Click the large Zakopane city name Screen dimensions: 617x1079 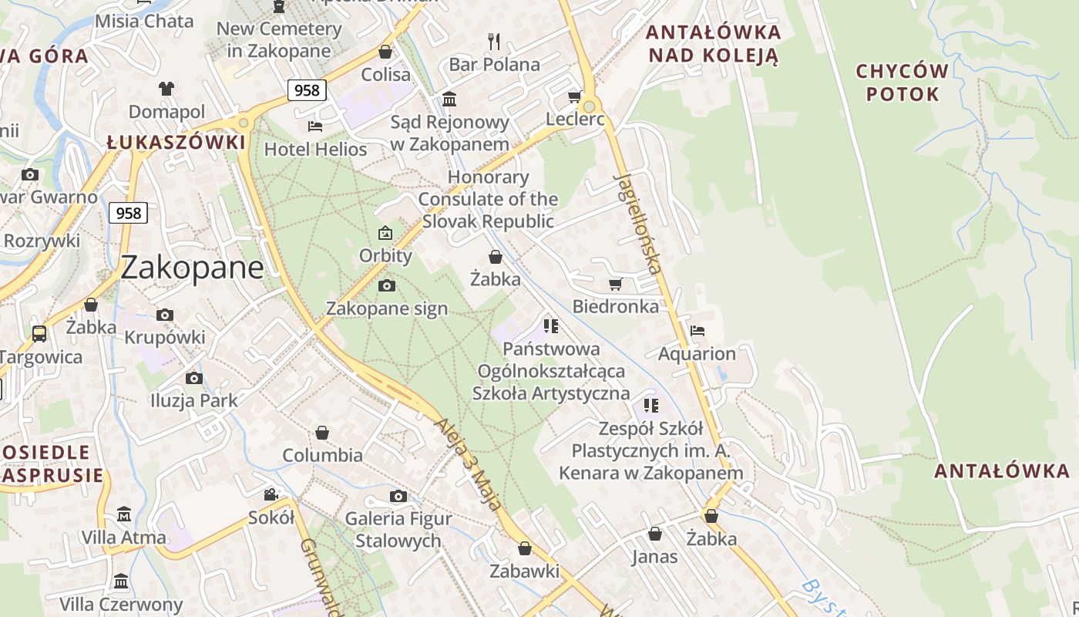tap(192, 268)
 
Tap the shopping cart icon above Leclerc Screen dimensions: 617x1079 tap(574, 97)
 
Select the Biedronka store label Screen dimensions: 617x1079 tap(615, 306)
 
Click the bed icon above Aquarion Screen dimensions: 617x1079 tap(697, 331)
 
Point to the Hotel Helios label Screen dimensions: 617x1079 tap(315, 148)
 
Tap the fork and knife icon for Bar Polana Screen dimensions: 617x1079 tap(494, 41)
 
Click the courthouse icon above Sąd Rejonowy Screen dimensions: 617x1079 tap(449, 99)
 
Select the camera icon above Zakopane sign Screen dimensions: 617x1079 tap(387, 286)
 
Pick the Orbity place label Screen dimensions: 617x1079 tap(385, 255)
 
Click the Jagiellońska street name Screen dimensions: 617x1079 tap(638, 224)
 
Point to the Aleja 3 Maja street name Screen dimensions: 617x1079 tap(468, 464)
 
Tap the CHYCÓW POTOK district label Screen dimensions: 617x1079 tap(903, 83)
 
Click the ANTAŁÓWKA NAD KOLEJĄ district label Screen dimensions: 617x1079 tap(713, 44)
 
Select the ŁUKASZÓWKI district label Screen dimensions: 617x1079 tap(176, 143)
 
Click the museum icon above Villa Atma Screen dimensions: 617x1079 tap(124, 514)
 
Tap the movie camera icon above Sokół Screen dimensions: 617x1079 tap(271, 494)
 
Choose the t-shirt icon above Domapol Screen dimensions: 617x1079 tap(166, 89)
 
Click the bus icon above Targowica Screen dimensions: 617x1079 tap(39, 334)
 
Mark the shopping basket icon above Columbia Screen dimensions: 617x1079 tap(322, 433)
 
